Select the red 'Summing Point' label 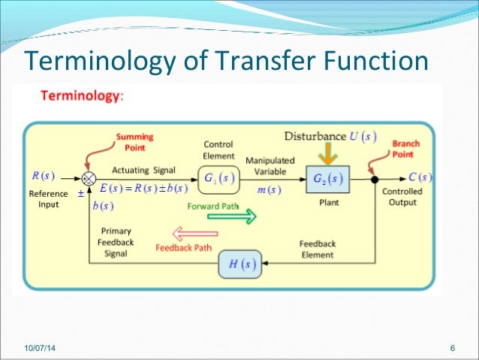tap(134, 141)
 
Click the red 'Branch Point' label tap(406, 148)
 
